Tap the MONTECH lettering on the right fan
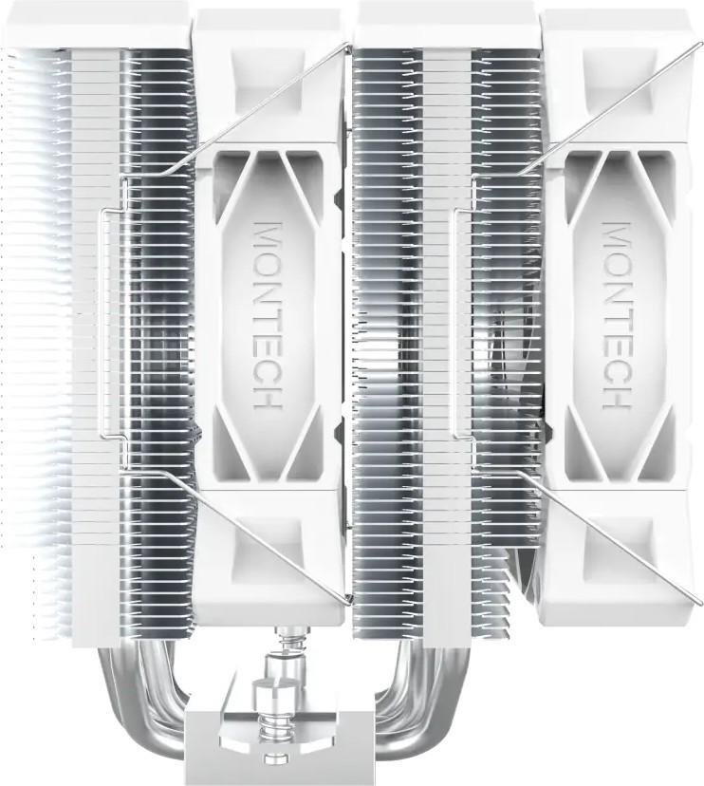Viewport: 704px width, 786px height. click(x=617, y=315)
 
